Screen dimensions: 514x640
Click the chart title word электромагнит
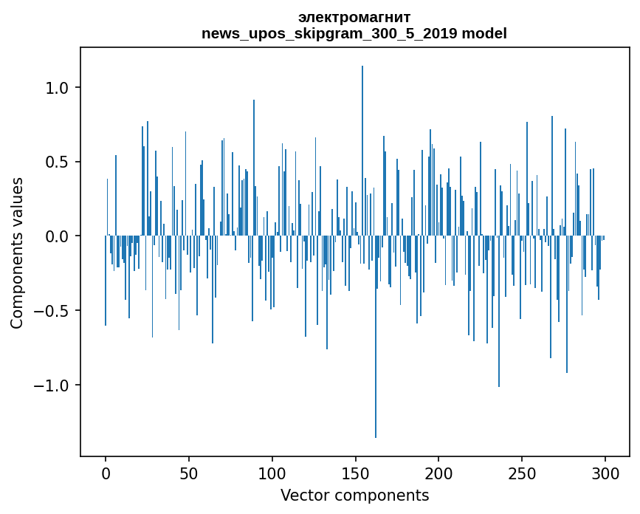coord(354,17)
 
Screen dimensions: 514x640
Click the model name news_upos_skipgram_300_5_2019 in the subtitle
coord(330,34)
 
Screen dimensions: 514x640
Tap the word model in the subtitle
coord(486,34)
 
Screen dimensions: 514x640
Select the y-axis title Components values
coord(16,253)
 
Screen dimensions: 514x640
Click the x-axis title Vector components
coord(354,495)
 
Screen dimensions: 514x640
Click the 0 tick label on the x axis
coord(106,473)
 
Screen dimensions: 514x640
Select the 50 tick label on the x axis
coord(189,473)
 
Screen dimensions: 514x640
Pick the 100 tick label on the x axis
coord(272,473)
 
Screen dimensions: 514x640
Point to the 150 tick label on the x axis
coord(356,473)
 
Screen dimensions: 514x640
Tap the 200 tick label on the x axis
coord(439,473)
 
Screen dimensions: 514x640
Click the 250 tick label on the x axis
coord(522,473)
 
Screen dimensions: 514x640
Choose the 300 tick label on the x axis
coord(605,473)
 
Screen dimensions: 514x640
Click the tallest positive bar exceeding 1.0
coord(362,148)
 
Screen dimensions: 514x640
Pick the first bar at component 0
coord(106,281)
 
